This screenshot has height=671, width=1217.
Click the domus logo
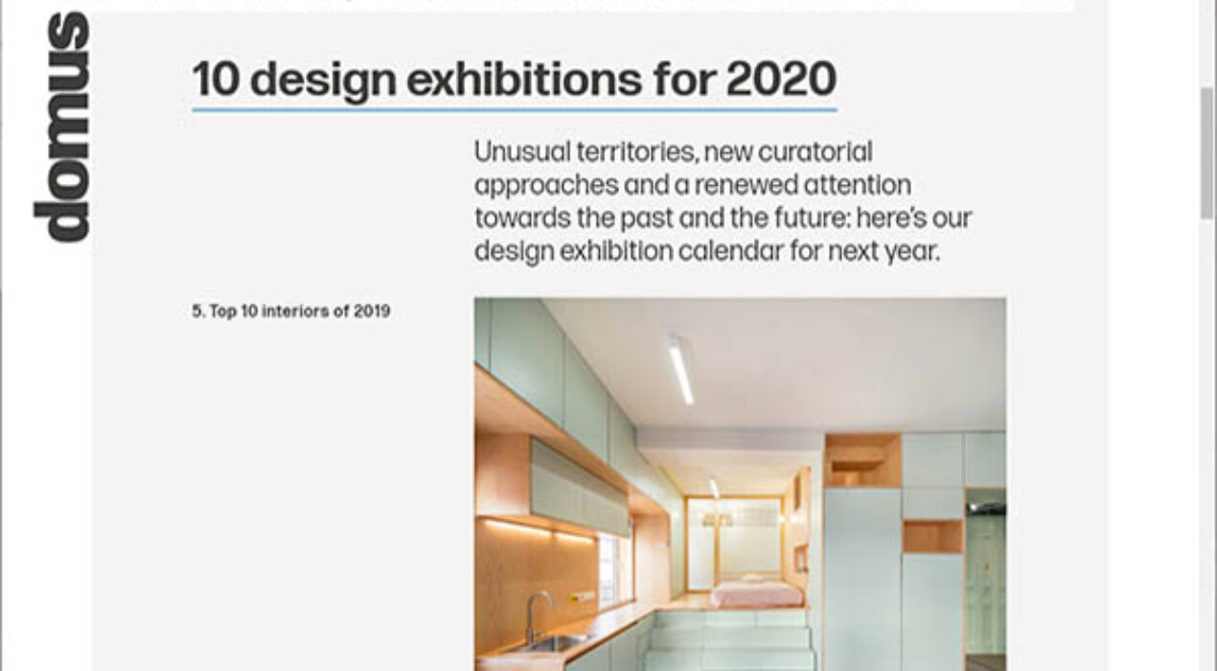[x=61, y=127]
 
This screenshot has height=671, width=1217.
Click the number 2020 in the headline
[x=781, y=80]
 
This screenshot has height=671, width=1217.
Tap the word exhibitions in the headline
[x=524, y=80]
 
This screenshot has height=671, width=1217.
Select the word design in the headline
[x=323, y=81]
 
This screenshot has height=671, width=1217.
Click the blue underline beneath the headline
[x=515, y=109]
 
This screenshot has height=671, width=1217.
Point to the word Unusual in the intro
[x=522, y=151]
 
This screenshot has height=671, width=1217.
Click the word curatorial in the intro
[x=815, y=151]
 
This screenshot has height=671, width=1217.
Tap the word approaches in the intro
[x=546, y=186]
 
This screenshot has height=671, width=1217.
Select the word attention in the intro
[x=857, y=185]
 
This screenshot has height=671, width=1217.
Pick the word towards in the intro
[x=522, y=218]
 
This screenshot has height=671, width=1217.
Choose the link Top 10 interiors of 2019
[x=290, y=312]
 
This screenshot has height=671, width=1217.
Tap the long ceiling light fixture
[x=681, y=369]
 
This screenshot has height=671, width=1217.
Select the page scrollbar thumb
[x=1206, y=153]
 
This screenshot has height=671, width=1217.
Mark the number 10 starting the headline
[x=216, y=80]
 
